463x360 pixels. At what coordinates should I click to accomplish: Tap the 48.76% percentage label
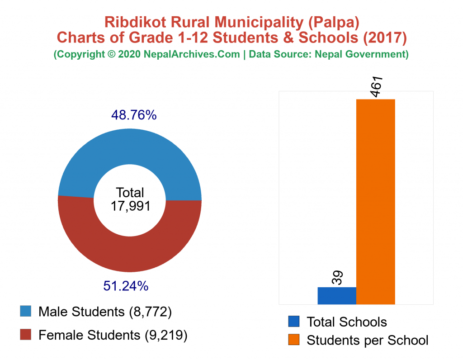(134, 116)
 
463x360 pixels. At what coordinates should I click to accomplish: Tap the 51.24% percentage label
(126, 286)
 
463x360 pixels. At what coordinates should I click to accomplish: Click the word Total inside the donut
(130, 192)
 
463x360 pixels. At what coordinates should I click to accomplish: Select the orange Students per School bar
(375, 201)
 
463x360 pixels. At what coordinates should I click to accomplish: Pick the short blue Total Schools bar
(337, 295)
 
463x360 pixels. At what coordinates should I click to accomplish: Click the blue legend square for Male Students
(26, 312)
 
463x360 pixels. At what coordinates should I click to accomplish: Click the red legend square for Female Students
(26, 335)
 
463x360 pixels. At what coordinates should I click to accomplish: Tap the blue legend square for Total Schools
(293, 322)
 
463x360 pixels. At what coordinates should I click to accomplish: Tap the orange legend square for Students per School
(293, 340)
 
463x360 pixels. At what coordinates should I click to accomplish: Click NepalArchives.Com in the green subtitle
(192, 54)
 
